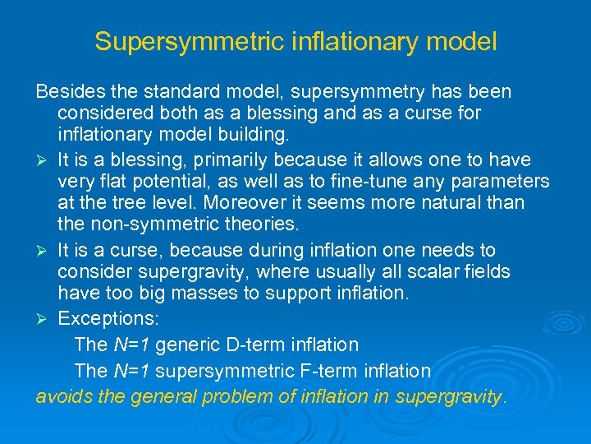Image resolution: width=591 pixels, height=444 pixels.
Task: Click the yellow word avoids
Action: (62, 395)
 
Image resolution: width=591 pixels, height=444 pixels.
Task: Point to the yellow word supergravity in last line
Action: (448, 396)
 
